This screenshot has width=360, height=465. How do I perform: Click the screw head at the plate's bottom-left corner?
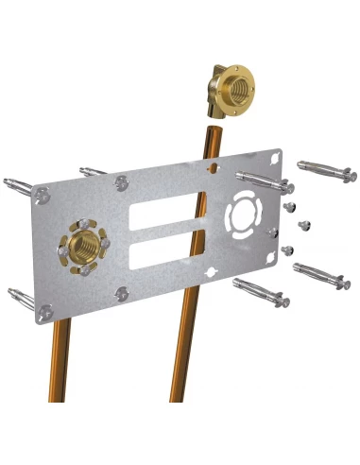tap(42, 309)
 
